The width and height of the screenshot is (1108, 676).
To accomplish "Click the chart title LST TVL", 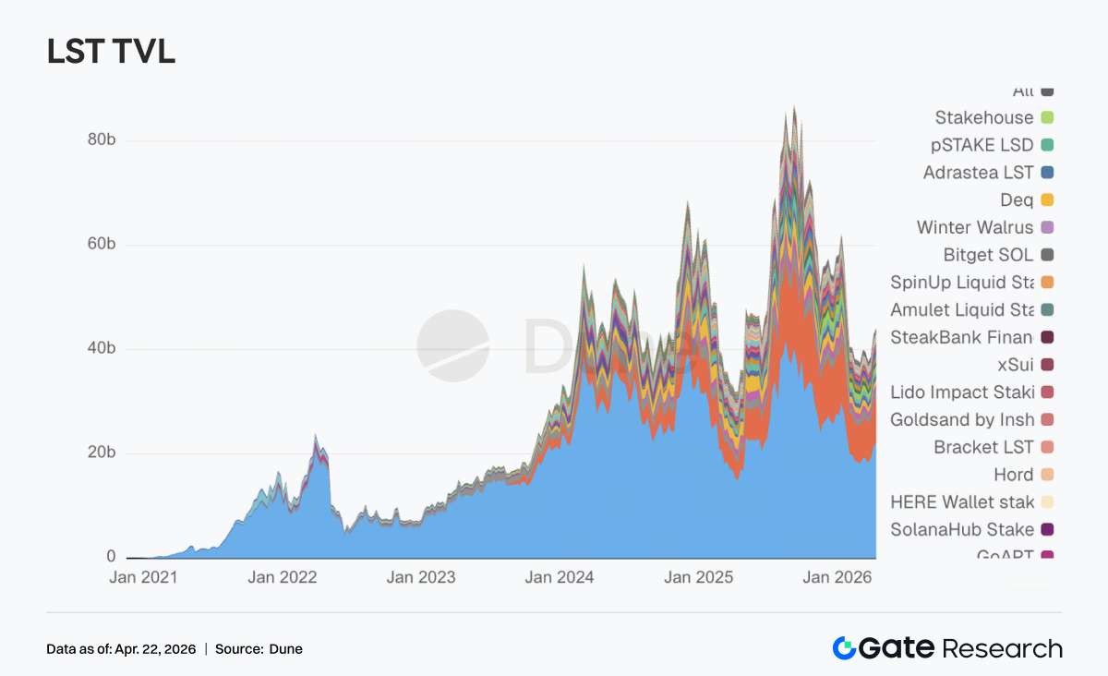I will pos(111,52).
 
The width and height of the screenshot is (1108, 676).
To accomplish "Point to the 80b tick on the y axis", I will pos(95,140).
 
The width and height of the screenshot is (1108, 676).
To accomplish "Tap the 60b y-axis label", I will pos(95,245).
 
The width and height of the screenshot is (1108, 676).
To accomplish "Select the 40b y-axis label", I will pos(95,349).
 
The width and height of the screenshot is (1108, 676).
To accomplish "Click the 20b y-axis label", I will pos(95,453).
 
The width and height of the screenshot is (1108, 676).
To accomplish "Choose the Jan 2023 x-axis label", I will pos(420,578).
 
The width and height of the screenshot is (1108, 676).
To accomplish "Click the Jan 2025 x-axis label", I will pos(698,578).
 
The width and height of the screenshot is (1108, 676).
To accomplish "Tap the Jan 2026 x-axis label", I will pos(837,578).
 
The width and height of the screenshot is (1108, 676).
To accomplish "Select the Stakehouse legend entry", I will pos(984,117).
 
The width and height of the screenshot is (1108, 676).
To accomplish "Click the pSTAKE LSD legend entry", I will pos(982,145).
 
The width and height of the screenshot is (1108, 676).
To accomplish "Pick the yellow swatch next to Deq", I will pos(1047,200).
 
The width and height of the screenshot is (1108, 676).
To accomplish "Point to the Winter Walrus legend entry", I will pos(975,227).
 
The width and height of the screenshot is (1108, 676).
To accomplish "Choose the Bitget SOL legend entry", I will pos(988,255).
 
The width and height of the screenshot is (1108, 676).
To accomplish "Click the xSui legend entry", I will pos(1016,365).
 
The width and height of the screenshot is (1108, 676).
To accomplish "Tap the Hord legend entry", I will pos(1013,475).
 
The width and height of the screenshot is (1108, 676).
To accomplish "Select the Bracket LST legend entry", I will pos(983,447).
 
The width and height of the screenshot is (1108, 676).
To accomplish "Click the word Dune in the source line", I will pos(286,649).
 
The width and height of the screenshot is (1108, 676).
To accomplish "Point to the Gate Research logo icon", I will pos(844,648).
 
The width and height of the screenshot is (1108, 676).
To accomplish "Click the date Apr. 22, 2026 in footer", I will pos(155,649).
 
